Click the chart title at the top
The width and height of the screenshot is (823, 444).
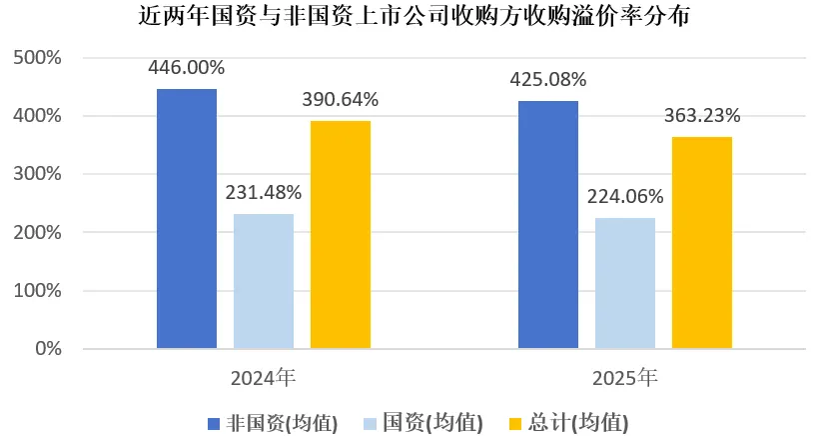coord(411,18)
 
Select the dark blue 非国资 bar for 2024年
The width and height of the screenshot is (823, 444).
coord(187,219)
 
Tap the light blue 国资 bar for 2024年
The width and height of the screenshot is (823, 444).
coord(264,281)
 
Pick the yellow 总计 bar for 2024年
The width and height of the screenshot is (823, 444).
coord(341,235)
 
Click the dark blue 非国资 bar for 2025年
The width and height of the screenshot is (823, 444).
coord(548,225)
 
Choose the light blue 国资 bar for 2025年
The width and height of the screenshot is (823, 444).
coord(625,283)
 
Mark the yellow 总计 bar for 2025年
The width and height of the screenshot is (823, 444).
coord(701,243)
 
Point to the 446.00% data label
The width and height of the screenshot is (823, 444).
coord(187,68)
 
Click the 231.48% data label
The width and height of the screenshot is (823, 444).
coord(264,192)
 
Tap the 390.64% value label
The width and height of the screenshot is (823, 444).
coord(341,100)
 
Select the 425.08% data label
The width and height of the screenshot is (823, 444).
coord(548,80)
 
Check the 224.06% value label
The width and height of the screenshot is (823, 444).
coord(625,197)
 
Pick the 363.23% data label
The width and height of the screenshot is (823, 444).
coord(701,115)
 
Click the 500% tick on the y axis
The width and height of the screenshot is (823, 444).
coord(38,58)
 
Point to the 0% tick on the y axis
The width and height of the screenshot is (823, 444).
coord(47,349)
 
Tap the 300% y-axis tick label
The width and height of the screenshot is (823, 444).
coord(38,174)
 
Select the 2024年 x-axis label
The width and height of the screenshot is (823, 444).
coord(264,379)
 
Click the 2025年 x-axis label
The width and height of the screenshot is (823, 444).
coord(625,379)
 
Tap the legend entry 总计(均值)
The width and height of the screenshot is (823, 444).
coord(570,423)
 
